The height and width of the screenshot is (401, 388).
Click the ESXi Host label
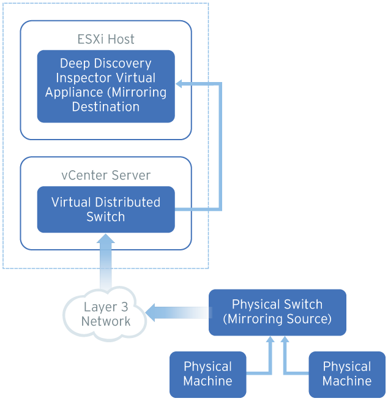click(x=106, y=39)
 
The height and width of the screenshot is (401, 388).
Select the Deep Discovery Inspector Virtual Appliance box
click(x=106, y=86)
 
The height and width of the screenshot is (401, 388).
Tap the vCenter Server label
click(x=106, y=175)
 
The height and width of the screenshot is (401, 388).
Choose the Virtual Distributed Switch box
click(x=106, y=209)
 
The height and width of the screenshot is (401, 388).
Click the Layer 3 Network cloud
click(x=106, y=314)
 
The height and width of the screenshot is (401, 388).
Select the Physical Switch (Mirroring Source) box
click(x=277, y=312)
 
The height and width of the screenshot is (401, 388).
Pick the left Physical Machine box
click(x=207, y=373)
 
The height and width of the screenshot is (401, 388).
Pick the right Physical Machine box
click(x=347, y=373)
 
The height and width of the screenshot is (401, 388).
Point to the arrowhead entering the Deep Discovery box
click(x=180, y=83)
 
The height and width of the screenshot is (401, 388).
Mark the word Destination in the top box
click(x=106, y=107)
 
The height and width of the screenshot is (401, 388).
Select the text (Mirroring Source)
click(x=277, y=319)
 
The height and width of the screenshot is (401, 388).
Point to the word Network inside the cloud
click(x=106, y=321)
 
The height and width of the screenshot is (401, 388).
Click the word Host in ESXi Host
click(x=121, y=39)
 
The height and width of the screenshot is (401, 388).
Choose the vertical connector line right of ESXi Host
click(x=220, y=147)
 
